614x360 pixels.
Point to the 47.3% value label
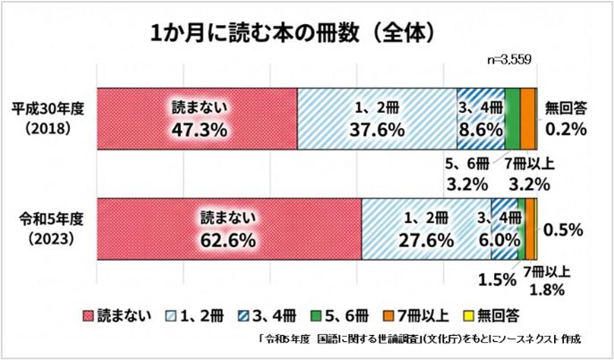click(x=199, y=130)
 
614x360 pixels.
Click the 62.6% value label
click(x=228, y=240)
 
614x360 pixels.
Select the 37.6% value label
click(x=376, y=130)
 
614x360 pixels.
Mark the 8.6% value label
click(x=481, y=130)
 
